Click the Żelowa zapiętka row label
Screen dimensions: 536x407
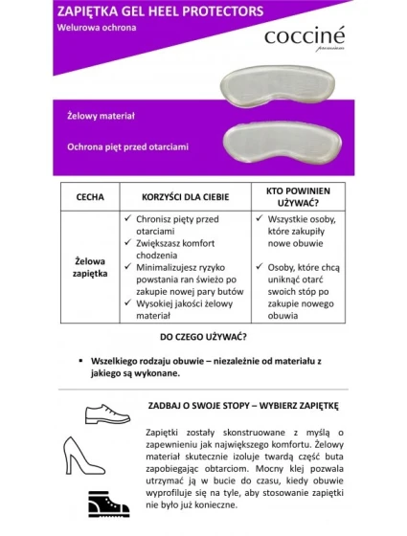[90, 266]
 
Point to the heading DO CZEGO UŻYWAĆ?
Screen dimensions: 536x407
[203, 337]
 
